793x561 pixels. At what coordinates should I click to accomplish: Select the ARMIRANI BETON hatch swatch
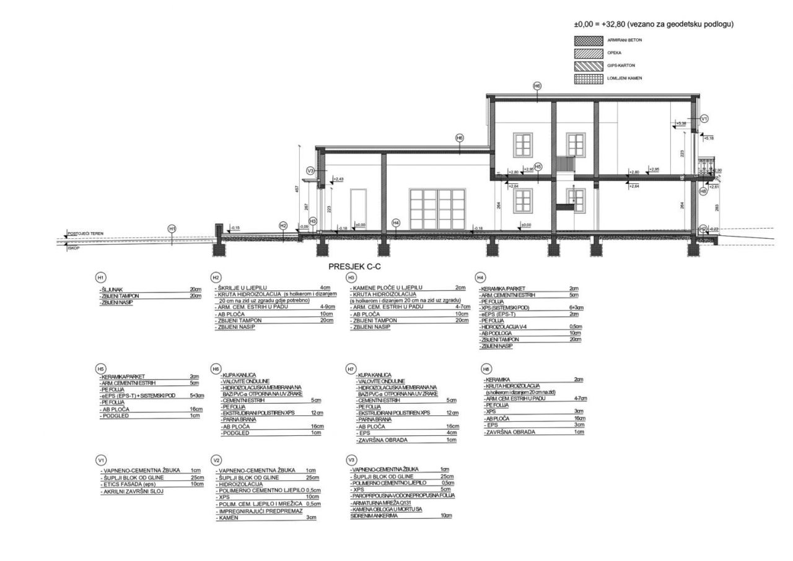(588, 40)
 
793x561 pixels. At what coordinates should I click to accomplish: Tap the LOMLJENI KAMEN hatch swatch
(588, 79)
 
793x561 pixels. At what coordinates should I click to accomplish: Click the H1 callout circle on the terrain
(172, 228)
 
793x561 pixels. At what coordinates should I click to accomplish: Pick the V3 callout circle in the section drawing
(311, 170)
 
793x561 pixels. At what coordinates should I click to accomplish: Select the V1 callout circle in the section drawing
(704, 118)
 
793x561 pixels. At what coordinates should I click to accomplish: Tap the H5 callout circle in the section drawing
(538, 166)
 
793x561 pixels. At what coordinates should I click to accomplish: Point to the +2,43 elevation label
(338, 179)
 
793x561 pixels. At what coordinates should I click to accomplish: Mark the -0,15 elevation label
(235, 228)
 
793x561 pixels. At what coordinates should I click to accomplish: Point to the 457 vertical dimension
(297, 188)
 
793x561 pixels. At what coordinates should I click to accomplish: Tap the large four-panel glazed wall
(437, 211)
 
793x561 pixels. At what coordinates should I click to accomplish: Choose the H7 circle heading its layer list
(351, 368)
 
